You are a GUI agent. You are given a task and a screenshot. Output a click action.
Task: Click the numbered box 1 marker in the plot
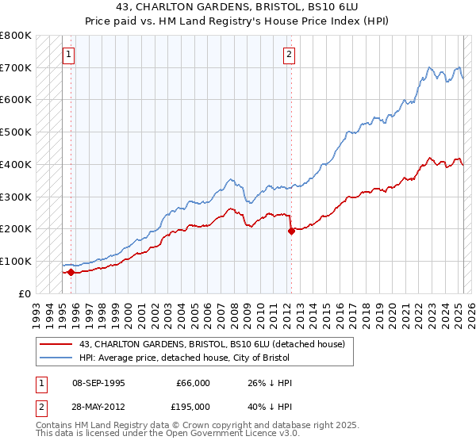tap(69, 55)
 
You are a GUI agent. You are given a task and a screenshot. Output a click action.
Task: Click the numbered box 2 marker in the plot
tap(289, 55)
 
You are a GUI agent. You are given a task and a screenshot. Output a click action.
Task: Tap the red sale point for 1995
tap(71, 272)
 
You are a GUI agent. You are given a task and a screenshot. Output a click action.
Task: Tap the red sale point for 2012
tap(291, 231)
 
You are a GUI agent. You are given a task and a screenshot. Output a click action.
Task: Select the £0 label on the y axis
tap(25, 293)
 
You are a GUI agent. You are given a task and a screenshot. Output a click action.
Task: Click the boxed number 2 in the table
tap(40, 406)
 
